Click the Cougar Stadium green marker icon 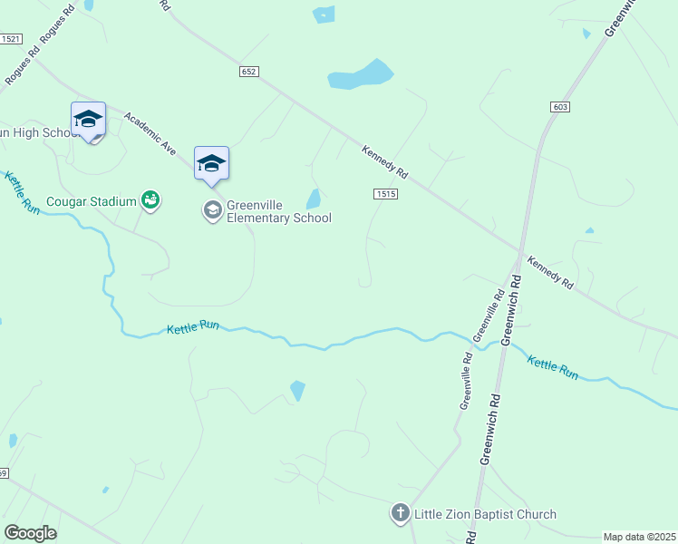point(150,200)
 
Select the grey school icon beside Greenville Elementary point(212,211)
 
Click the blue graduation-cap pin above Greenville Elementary point(211,163)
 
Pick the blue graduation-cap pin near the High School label point(88,119)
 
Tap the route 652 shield point(250,71)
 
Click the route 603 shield point(559,107)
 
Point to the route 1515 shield point(385,194)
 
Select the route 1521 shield point(11,39)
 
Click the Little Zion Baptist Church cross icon point(400,514)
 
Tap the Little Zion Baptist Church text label point(485,515)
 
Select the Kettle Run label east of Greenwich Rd point(553,367)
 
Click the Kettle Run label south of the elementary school point(193,329)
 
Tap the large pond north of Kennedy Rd point(362,75)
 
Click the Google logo point(30,533)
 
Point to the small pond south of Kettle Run point(297,391)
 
